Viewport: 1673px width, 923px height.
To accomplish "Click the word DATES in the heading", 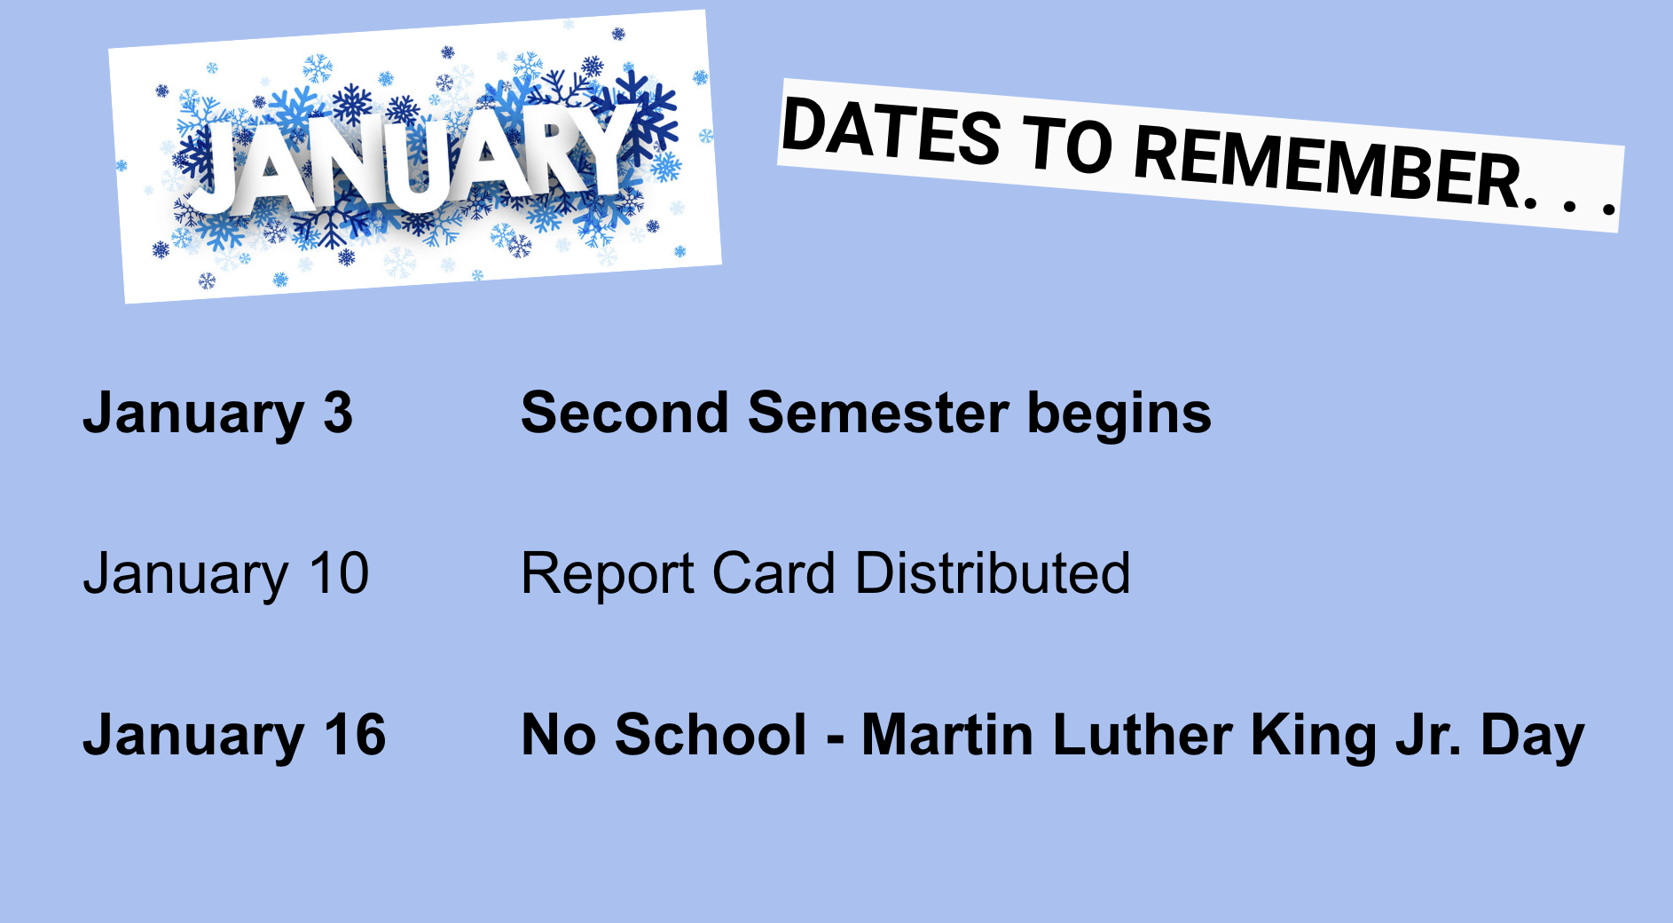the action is (891, 132).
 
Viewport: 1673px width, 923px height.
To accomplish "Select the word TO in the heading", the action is (1068, 146).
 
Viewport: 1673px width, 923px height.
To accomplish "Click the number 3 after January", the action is (338, 414).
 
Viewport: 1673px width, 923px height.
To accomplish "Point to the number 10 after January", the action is (339, 573).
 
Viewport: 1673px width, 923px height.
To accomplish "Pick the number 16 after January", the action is (355, 736).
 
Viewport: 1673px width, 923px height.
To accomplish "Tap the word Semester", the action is (878, 414).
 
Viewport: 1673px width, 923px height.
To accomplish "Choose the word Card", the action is (774, 573).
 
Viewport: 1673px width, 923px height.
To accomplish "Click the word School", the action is (711, 736).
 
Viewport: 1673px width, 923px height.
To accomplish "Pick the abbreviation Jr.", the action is (1428, 736).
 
